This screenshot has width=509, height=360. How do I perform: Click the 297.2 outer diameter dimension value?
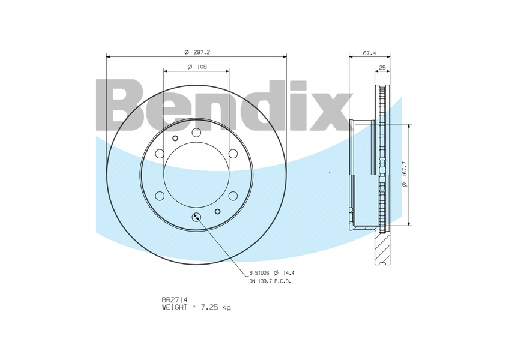coord(202,52)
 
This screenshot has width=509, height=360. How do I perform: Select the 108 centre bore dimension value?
coord(202,67)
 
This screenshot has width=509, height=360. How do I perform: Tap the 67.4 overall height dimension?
coord(369,53)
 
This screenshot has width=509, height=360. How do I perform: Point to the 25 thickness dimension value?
coord(382,68)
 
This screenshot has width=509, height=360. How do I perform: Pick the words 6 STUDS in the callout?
coord(259,273)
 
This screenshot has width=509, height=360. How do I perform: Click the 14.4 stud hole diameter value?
coord(289,273)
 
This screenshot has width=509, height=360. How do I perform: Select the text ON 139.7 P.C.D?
coord(270,281)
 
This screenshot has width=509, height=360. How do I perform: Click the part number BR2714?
coord(174,299)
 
